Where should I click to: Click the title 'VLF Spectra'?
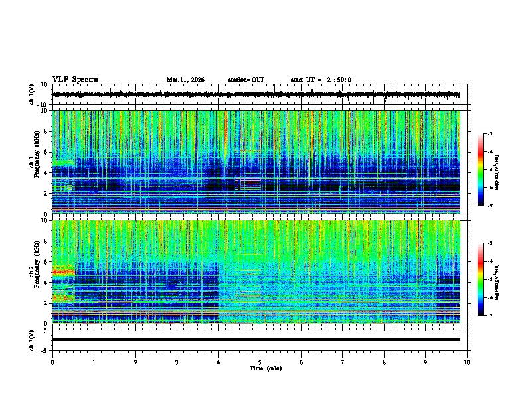[75, 79]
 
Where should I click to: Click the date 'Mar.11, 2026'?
[185, 80]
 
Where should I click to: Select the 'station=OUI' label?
[246, 80]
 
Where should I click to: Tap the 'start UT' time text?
[321, 80]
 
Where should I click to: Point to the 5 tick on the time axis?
[260, 362]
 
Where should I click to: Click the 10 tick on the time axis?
[468, 362]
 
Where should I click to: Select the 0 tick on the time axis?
[52, 362]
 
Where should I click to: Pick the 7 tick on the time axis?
[343, 362]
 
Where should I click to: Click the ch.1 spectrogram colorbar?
[481, 170]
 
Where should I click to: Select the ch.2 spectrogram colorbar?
[481, 279]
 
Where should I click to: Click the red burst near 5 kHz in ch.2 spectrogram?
[64, 272]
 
